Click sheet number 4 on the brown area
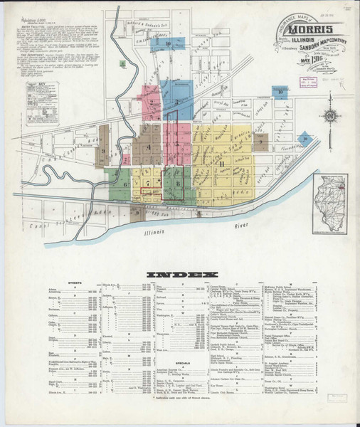[149, 147]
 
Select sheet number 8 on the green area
[177, 184]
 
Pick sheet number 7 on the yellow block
[148, 184]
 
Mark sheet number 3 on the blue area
[176, 102]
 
